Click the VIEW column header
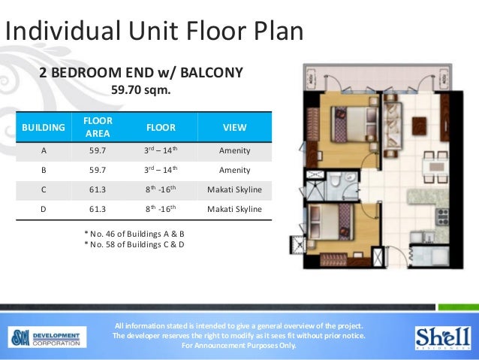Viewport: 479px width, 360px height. (234, 127)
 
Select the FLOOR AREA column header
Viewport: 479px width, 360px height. (98, 127)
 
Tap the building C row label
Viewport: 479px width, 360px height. (44, 189)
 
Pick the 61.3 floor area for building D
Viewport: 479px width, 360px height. (98, 209)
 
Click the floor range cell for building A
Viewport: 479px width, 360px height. (161, 150)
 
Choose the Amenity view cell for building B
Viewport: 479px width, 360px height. (234, 170)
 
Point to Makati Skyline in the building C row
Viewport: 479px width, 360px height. (234, 189)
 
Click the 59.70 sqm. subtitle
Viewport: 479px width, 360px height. (141, 90)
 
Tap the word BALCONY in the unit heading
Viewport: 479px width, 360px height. (212, 73)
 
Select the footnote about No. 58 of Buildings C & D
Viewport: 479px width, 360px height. (134, 244)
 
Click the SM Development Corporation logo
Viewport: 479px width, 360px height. (47, 337)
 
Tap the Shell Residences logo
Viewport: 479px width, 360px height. (443, 337)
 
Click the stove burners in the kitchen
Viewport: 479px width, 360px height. (443, 216)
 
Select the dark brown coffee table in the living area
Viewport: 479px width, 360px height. (419, 126)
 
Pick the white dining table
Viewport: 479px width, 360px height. (435, 167)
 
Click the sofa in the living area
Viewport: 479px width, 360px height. (392, 126)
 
